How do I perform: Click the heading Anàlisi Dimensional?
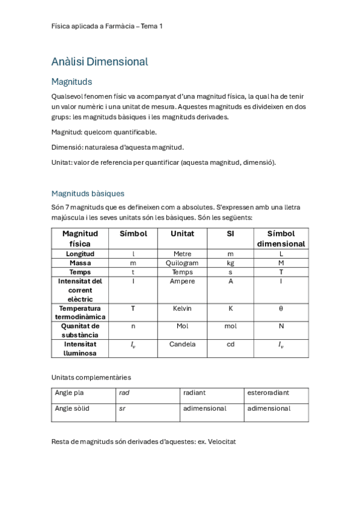[x=100, y=61]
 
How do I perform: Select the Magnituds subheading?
[x=72, y=82]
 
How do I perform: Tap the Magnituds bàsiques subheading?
[x=88, y=193]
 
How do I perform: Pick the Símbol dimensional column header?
[x=281, y=238]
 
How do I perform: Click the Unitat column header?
[x=182, y=233]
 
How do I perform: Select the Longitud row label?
[x=80, y=254]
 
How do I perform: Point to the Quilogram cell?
[x=182, y=263]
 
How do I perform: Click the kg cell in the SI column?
[x=230, y=263]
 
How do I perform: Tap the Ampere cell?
[x=182, y=281]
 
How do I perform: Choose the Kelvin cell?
[x=182, y=308]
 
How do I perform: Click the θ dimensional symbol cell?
[x=281, y=308]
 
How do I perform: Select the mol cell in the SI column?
[x=230, y=326]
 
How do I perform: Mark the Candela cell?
[x=182, y=345]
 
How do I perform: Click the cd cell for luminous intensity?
[x=230, y=345]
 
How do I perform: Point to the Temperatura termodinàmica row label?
[x=80, y=312]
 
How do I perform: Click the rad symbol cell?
[x=124, y=393]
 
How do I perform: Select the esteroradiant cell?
[x=268, y=393]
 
